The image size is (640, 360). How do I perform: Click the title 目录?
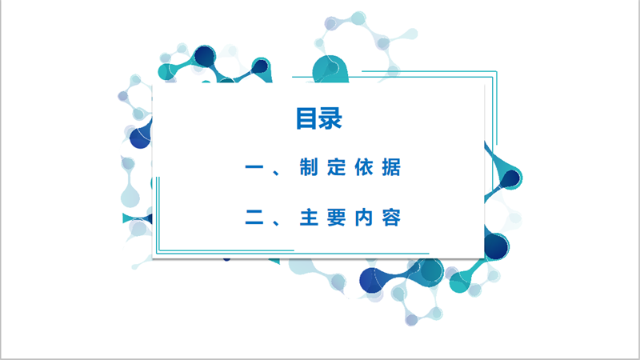click(318, 118)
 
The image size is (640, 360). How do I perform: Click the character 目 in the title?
click(307, 118)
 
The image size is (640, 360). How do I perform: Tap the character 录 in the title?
click(330, 118)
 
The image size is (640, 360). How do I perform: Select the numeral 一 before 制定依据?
click(254, 167)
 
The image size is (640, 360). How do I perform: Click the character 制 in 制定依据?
click(309, 167)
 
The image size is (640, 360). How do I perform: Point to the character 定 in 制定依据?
click(336, 167)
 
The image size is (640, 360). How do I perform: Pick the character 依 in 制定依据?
click(364, 167)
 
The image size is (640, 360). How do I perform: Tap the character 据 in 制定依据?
click(391, 167)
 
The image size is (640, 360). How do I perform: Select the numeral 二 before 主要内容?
click(254, 217)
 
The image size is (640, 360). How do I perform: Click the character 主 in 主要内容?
click(309, 217)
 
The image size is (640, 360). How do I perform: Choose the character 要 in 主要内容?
click(336, 217)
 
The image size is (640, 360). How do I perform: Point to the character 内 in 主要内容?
click(364, 217)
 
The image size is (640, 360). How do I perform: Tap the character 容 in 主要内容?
click(391, 217)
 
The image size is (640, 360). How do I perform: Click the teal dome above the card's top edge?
click(330, 70)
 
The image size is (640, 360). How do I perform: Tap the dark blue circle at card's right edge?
click(496, 246)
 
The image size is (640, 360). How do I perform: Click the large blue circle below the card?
click(371, 281)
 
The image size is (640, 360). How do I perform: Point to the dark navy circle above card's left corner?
click(205, 56)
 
